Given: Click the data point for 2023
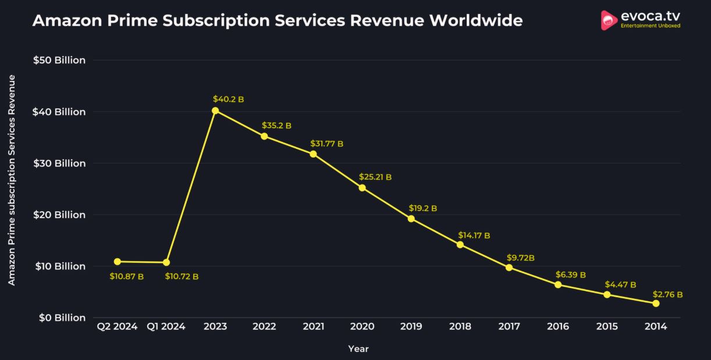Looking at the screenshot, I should (x=215, y=111).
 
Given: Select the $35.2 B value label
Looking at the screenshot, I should (x=276, y=125).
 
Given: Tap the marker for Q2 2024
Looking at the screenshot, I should (x=118, y=262).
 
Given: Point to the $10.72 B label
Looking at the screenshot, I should (x=182, y=276).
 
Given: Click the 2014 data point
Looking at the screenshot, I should (x=656, y=304).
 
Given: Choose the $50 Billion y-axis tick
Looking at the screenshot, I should (x=61, y=60).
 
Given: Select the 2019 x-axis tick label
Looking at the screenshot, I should (x=411, y=327).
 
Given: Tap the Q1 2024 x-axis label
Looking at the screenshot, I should (x=166, y=327).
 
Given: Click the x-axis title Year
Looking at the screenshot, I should (x=358, y=349).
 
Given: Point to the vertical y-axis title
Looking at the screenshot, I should (x=12, y=180).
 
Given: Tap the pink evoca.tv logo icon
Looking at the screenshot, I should (x=609, y=20).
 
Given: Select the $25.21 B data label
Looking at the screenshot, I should (x=375, y=177).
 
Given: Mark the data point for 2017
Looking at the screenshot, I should (x=509, y=268).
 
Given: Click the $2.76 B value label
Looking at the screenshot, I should (x=667, y=295).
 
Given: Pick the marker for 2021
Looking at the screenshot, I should (x=313, y=154).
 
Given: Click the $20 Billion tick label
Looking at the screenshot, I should (x=61, y=215).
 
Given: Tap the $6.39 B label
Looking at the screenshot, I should (x=570, y=275).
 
